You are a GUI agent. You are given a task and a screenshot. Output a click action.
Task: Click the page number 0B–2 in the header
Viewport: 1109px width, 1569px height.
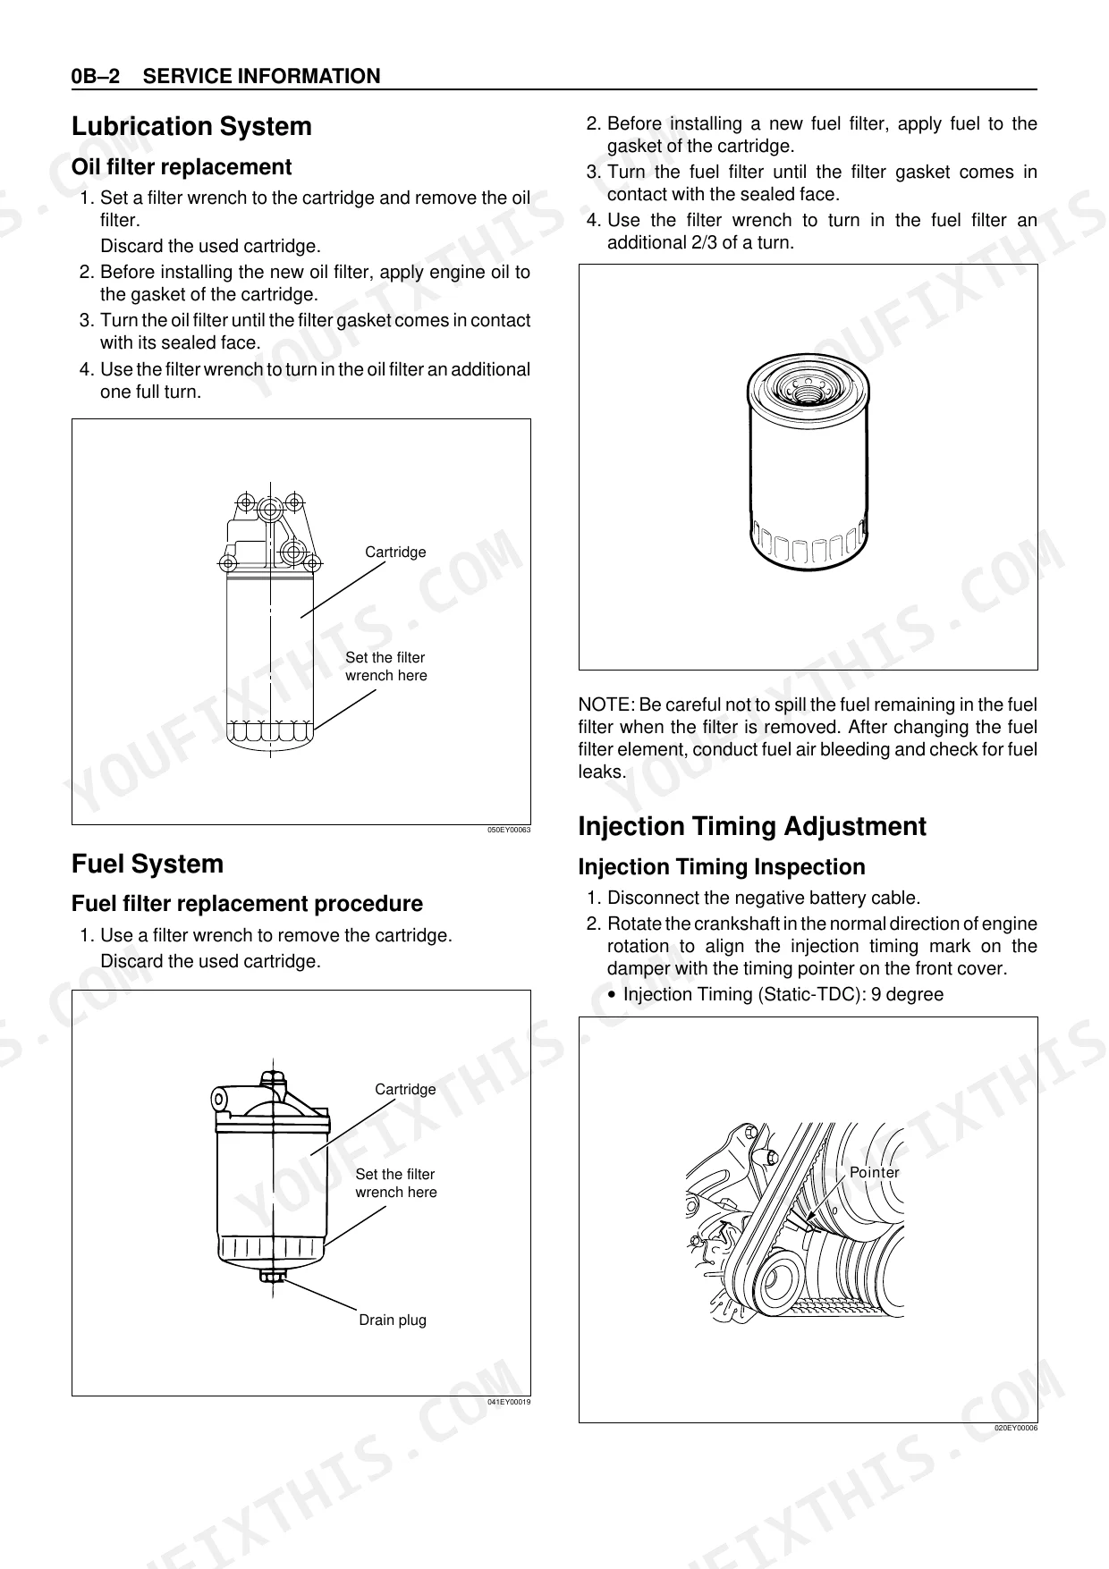pyautogui.click(x=96, y=77)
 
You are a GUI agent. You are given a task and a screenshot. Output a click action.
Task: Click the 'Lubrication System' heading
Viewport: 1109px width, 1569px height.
pyautogui.click(x=191, y=127)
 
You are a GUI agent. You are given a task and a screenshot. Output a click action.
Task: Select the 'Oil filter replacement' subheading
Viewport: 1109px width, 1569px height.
pyautogui.click(x=181, y=167)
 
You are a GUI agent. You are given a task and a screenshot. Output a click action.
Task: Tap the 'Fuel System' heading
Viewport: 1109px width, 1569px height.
pyautogui.click(x=148, y=865)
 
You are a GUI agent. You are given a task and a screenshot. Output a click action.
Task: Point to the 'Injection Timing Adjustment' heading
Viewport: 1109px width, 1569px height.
pyautogui.click(x=752, y=827)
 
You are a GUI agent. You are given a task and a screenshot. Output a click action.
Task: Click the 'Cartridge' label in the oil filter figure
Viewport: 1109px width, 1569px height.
pyautogui.click(x=395, y=553)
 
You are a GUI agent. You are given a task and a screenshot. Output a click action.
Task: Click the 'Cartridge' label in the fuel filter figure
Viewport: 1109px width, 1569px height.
pyautogui.click(x=405, y=1090)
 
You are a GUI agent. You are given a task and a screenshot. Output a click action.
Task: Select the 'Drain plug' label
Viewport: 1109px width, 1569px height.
pyautogui.click(x=393, y=1320)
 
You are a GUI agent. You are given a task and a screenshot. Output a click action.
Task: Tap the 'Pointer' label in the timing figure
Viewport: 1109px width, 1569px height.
pyautogui.click(x=874, y=1173)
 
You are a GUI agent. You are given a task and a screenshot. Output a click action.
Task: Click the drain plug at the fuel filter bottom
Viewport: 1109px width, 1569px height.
pyautogui.click(x=272, y=1275)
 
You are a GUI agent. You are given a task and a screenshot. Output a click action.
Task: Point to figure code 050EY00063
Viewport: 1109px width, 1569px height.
pyautogui.click(x=508, y=831)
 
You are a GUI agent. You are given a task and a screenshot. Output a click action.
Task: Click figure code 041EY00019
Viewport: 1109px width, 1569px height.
pyautogui.click(x=508, y=1402)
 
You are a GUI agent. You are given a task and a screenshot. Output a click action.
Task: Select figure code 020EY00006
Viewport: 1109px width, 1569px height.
pyautogui.click(x=1015, y=1429)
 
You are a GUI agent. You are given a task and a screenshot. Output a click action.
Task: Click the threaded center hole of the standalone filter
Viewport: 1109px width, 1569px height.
pyautogui.click(x=808, y=385)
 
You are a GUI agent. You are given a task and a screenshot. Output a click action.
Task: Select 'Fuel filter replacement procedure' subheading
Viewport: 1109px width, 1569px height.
pyautogui.click(x=247, y=904)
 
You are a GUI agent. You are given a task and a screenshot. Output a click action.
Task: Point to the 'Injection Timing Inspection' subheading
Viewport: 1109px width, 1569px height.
pyautogui.click(x=722, y=867)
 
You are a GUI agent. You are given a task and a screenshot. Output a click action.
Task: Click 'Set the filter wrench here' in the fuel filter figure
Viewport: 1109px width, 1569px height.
pyautogui.click(x=395, y=1184)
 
